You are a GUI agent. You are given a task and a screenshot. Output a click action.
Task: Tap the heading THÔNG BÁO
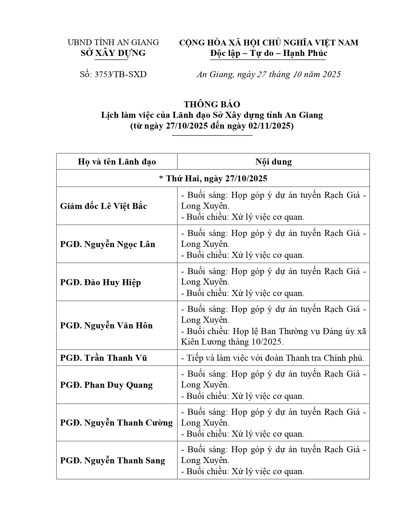[212, 104]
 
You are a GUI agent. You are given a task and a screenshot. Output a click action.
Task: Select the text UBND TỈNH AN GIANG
[113, 42]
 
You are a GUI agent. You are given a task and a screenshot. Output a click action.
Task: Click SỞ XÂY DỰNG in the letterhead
[113, 53]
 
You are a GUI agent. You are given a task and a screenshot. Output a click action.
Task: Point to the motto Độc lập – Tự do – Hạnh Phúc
[268, 53]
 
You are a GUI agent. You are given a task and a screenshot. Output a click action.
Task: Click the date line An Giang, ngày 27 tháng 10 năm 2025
[268, 74]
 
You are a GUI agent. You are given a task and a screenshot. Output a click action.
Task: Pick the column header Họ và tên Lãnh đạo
[117, 162]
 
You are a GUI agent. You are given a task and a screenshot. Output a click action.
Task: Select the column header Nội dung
[273, 162]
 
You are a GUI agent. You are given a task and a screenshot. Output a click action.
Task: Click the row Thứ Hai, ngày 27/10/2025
[213, 178]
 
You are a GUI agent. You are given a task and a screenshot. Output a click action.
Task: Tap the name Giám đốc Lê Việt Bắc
[104, 206]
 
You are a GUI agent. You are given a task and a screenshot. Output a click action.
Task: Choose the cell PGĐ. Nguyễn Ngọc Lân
[108, 244]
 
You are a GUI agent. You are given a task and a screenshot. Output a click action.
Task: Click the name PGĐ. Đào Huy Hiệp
[100, 282]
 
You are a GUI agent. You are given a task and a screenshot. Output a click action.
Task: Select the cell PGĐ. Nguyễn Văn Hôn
[106, 326]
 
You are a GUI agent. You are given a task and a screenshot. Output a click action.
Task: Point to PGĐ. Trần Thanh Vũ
[104, 358]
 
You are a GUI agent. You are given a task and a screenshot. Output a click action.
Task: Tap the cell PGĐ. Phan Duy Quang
[106, 385]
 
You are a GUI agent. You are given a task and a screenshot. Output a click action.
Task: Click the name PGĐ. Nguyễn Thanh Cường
[116, 423]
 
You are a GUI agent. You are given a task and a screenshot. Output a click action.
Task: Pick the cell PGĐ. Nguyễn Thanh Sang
[112, 460]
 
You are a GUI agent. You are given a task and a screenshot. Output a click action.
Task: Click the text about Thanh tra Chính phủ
[273, 358]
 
